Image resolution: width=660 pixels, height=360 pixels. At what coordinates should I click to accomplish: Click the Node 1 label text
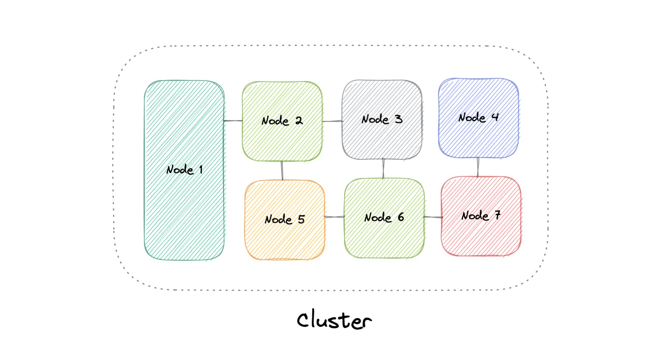pyautogui.click(x=184, y=170)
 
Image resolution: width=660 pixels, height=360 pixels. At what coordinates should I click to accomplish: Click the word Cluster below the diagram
pyautogui.click(x=334, y=320)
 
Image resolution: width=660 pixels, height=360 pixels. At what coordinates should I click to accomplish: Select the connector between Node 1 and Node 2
pyautogui.click(x=233, y=121)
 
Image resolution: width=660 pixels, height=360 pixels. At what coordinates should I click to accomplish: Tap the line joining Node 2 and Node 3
pyautogui.click(x=332, y=121)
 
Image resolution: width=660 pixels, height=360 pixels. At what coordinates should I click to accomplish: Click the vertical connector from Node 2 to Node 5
pyautogui.click(x=282, y=171)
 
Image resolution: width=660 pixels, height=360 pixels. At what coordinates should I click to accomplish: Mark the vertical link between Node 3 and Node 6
pyautogui.click(x=383, y=168)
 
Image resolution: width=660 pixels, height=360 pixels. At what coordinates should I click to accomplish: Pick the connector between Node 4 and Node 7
pyautogui.click(x=478, y=167)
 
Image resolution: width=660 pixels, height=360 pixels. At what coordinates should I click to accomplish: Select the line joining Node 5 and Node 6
pyautogui.click(x=334, y=217)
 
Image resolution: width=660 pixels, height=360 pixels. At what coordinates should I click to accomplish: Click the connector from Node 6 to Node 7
pyautogui.click(x=433, y=217)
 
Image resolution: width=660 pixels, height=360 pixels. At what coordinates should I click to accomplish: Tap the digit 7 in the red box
pyautogui.click(x=497, y=215)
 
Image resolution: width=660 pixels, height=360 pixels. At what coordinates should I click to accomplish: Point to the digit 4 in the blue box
pyautogui.click(x=495, y=117)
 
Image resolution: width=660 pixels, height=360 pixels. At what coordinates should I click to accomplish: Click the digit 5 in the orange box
pyautogui.click(x=301, y=219)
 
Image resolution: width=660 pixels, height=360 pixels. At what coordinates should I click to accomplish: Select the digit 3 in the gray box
pyautogui.click(x=399, y=119)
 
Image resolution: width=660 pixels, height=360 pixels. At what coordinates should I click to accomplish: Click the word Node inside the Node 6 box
pyautogui.click(x=378, y=218)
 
